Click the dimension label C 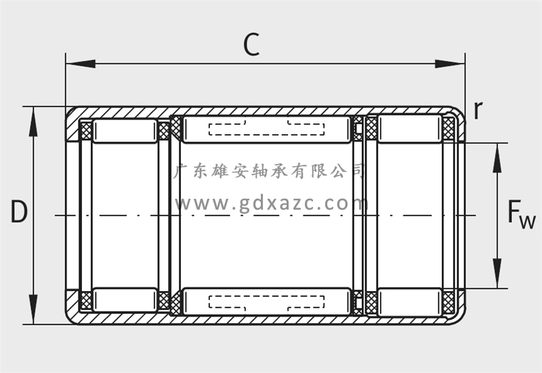[x=251, y=45]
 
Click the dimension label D [x=19, y=213]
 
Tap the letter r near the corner [x=478, y=110]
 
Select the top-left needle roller [x=125, y=130]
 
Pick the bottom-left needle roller [x=125, y=299]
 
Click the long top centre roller [x=267, y=129]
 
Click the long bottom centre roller [x=267, y=301]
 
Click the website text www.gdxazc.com [x=271, y=202]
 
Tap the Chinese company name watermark [x=270, y=170]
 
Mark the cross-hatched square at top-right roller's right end [x=449, y=127]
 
